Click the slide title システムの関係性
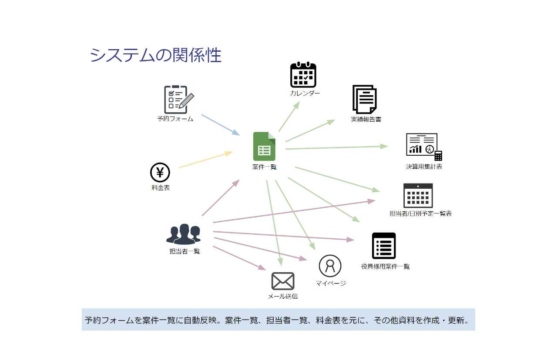click(155, 56)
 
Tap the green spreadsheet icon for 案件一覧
click(264, 147)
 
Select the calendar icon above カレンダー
click(303, 75)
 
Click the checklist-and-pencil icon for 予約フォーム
click(178, 100)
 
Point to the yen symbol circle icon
click(160, 173)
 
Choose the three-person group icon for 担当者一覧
click(184, 235)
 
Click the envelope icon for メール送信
click(283, 281)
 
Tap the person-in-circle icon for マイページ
click(330, 266)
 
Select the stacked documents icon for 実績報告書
click(365, 100)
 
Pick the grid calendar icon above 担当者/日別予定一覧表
click(418, 196)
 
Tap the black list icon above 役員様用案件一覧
click(384, 246)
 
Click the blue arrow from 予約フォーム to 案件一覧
click(220, 125)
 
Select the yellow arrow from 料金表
click(205, 160)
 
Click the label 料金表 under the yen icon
click(161, 188)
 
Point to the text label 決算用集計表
click(424, 167)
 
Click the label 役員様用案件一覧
click(385, 267)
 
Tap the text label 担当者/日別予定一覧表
click(420, 213)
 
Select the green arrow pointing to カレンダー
click(289, 117)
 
